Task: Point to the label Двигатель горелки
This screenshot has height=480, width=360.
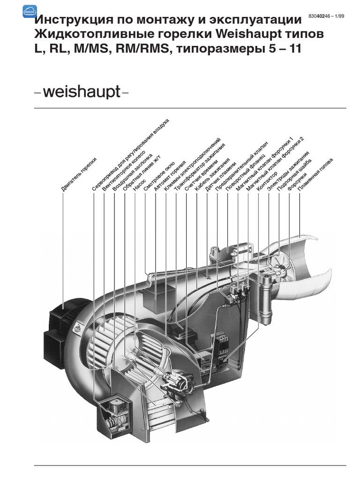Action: pyautogui.click(x=78, y=174)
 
